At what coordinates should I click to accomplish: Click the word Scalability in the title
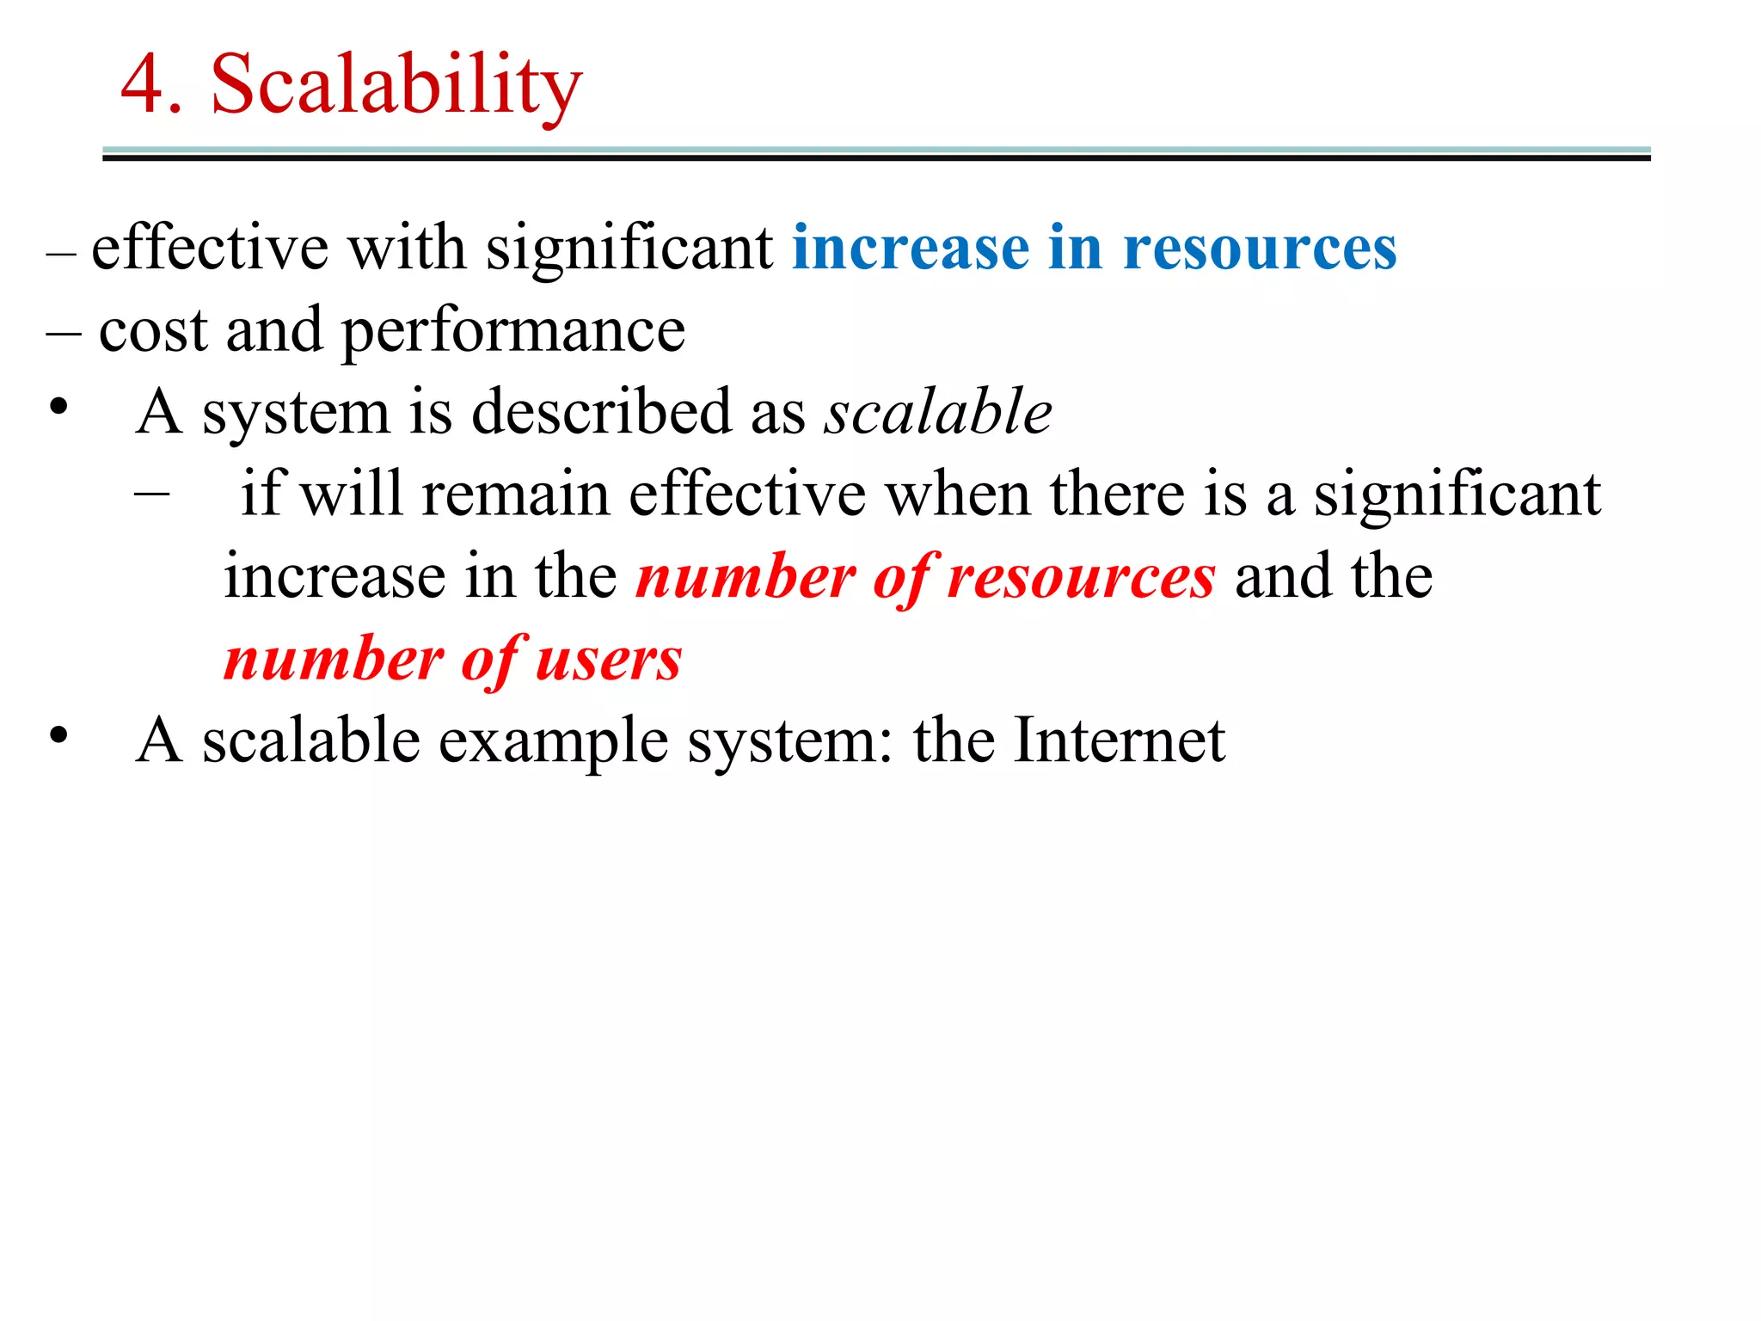point(396,84)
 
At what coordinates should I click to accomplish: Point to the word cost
point(153,330)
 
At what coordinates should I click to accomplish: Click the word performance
point(513,332)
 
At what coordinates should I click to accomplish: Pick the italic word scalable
point(938,411)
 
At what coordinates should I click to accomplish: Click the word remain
point(516,494)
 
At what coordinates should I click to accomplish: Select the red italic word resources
point(1082,577)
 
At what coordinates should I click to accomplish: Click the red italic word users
point(609,660)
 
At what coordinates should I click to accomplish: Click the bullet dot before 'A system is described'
point(58,407)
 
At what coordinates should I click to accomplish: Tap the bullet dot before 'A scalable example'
point(58,735)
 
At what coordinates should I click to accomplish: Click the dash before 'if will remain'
point(152,494)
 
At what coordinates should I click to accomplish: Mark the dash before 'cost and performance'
point(64,332)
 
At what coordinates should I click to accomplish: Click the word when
point(958,494)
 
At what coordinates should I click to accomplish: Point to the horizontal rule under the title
point(876,154)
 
